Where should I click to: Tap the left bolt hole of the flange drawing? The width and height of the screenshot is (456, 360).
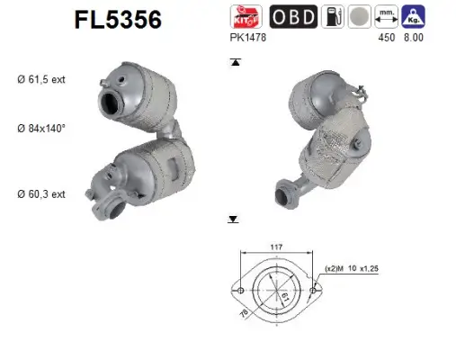tap(240, 290)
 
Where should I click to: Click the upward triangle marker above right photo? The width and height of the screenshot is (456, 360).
tap(235, 62)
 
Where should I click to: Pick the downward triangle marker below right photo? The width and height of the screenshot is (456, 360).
tap(233, 219)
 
